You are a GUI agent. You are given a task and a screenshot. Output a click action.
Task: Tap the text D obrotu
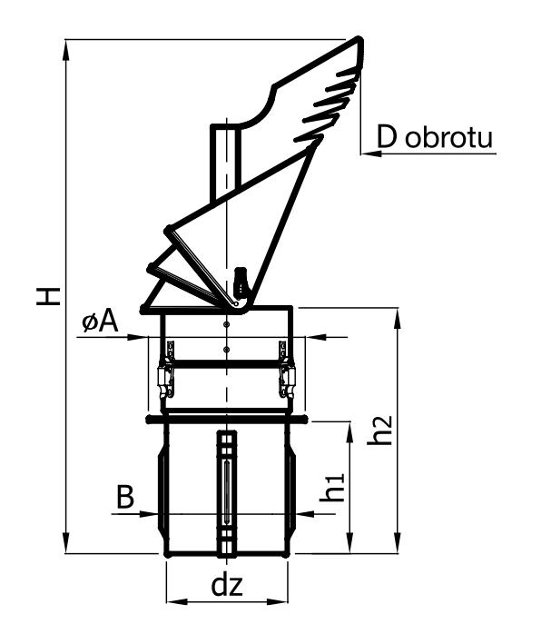coord(435,137)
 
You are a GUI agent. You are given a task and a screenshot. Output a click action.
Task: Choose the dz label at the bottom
coord(226,585)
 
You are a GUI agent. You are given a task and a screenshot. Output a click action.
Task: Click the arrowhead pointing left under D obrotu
coord(369,153)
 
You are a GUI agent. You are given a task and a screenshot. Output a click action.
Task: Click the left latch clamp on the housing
coord(166,372)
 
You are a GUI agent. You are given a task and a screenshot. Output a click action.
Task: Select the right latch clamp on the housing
coord(287,372)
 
